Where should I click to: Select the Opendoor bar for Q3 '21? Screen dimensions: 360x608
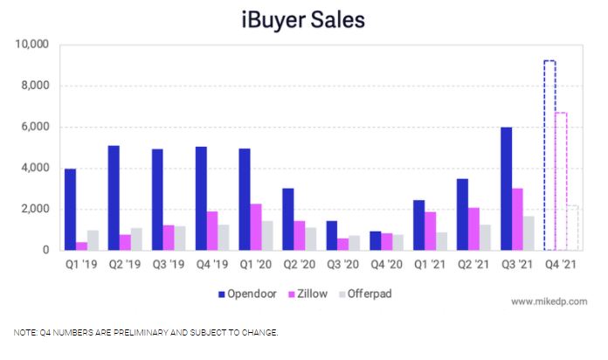(507, 189)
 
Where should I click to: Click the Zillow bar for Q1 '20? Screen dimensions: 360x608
(255, 227)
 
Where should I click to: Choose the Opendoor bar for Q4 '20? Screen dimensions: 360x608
(376, 240)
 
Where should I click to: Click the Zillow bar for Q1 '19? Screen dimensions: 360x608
(81, 246)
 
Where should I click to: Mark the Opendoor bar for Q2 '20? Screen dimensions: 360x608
(288, 219)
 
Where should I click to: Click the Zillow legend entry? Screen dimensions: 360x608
(312, 294)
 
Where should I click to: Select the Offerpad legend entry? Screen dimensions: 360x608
(368, 294)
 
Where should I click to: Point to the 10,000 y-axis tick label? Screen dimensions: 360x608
(30, 45)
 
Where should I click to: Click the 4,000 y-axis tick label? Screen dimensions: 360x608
(33, 168)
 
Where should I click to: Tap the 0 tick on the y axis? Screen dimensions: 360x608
(45, 250)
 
